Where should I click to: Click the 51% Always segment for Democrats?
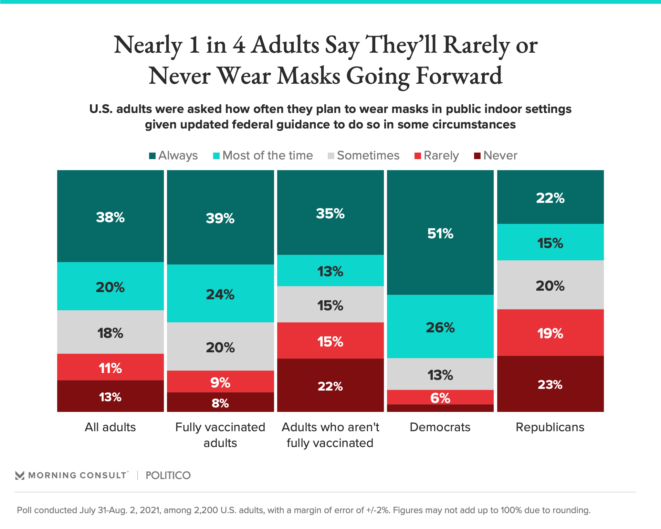pyautogui.click(x=440, y=232)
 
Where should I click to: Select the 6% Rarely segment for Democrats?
pyautogui.click(x=440, y=397)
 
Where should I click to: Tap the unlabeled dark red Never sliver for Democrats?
pyautogui.click(x=440, y=408)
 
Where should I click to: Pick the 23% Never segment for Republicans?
pyautogui.click(x=550, y=384)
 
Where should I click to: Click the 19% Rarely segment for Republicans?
pyautogui.click(x=550, y=332)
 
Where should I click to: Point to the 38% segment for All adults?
pyautogui.click(x=110, y=216)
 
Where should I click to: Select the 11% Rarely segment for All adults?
pyautogui.click(x=110, y=367)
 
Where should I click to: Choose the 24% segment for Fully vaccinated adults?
pyautogui.click(x=220, y=293)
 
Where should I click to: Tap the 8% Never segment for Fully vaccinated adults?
pyautogui.click(x=220, y=402)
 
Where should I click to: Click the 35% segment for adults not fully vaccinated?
pyautogui.click(x=330, y=212)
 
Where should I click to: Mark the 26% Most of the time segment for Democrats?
pyautogui.click(x=440, y=326)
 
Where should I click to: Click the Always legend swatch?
pyautogui.click(x=152, y=156)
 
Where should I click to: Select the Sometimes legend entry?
pyautogui.click(x=364, y=155)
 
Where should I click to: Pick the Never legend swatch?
pyautogui.click(x=477, y=156)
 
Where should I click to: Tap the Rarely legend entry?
pyautogui.click(x=437, y=155)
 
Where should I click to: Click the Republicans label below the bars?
pyautogui.click(x=550, y=427)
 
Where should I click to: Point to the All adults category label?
pyautogui.click(x=110, y=427)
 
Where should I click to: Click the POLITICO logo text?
pyautogui.click(x=168, y=475)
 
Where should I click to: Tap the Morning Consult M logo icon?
pyautogui.click(x=20, y=476)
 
